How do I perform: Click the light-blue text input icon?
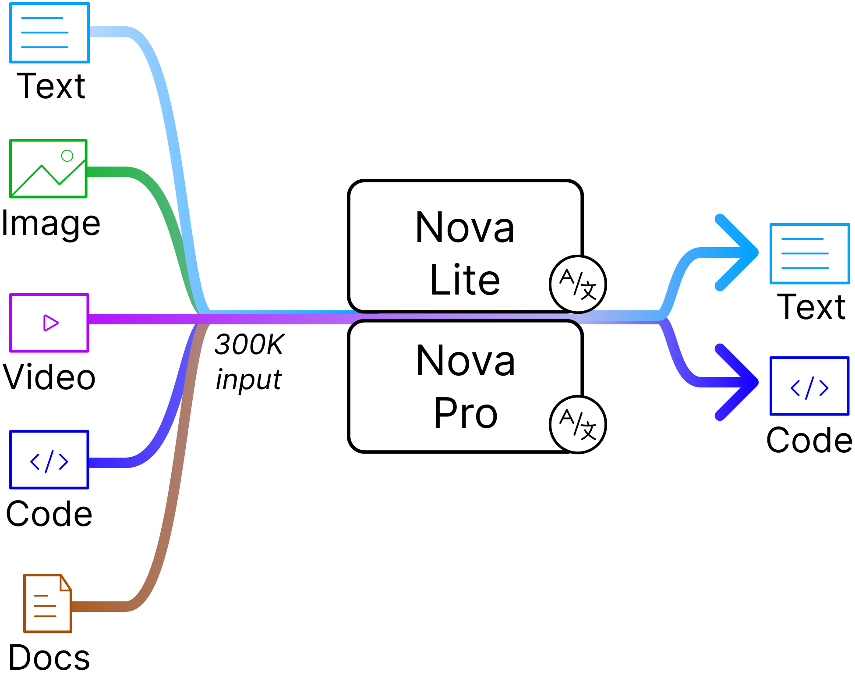(x=49, y=33)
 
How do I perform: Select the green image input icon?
(x=48, y=169)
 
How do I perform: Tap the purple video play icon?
(x=49, y=323)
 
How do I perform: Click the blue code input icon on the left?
(x=49, y=460)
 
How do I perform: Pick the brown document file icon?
(x=47, y=604)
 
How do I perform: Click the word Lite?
(x=465, y=280)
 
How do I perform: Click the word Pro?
(x=466, y=413)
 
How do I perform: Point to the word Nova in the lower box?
(x=466, y=361)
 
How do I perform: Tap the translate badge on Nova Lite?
(x=577, y=284)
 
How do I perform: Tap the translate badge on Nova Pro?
(x=577, y=424)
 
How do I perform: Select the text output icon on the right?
(x=809, y=254)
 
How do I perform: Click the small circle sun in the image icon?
(x=67, y=156)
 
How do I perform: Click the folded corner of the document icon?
(x=66, y=583)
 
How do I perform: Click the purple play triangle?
(x=50, y=323)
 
